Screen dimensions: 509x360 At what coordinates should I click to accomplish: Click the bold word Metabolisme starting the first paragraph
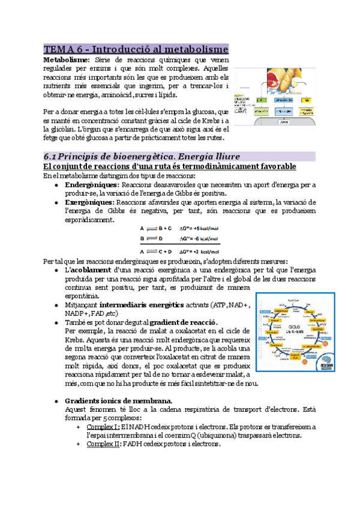tap(65, 60)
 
